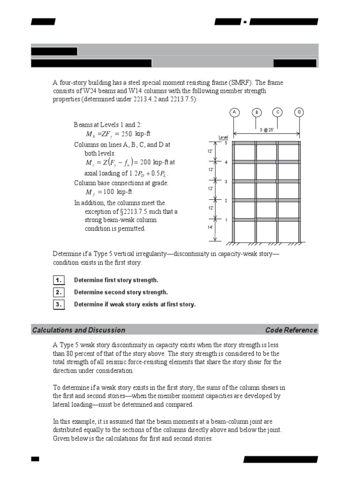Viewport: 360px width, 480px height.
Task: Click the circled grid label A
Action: (234, 112)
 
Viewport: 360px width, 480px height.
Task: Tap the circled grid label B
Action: (256, 112)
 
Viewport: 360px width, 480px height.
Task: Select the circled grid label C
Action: (278, 112)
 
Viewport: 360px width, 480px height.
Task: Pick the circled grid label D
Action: (300, 112)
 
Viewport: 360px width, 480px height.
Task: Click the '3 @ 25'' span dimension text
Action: (267, 129)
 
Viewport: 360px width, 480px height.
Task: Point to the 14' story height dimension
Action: (210, 227)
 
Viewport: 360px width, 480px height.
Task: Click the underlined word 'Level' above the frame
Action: (223, 137)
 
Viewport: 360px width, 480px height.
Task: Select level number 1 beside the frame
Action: (226, 219)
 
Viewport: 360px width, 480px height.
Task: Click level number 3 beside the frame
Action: (226, 181)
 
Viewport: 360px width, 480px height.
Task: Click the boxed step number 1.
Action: (58, 280)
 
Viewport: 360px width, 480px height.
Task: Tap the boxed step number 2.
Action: (58, 292)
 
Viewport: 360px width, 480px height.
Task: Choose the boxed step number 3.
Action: (58, 304)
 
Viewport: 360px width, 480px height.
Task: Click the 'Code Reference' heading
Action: (291, 330)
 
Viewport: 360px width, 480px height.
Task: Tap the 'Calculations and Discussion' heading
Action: (79, 330)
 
